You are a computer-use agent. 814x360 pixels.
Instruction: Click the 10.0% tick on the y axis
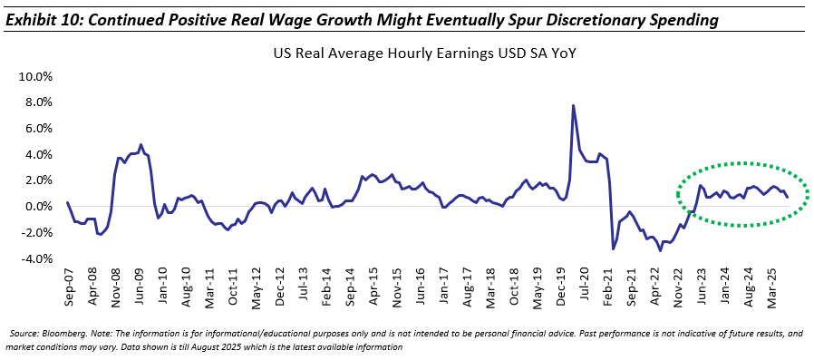33,76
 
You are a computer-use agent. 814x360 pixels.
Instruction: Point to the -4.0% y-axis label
34,258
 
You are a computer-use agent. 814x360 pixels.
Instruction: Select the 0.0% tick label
35,207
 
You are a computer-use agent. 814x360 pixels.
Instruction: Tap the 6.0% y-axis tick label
35,129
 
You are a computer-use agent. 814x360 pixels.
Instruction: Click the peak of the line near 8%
573,105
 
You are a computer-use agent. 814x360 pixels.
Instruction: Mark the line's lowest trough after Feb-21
613,248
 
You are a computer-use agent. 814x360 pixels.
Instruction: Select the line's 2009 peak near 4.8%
141,144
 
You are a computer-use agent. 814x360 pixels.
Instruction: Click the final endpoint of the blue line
787,197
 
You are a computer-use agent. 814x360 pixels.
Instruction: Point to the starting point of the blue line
67,202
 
